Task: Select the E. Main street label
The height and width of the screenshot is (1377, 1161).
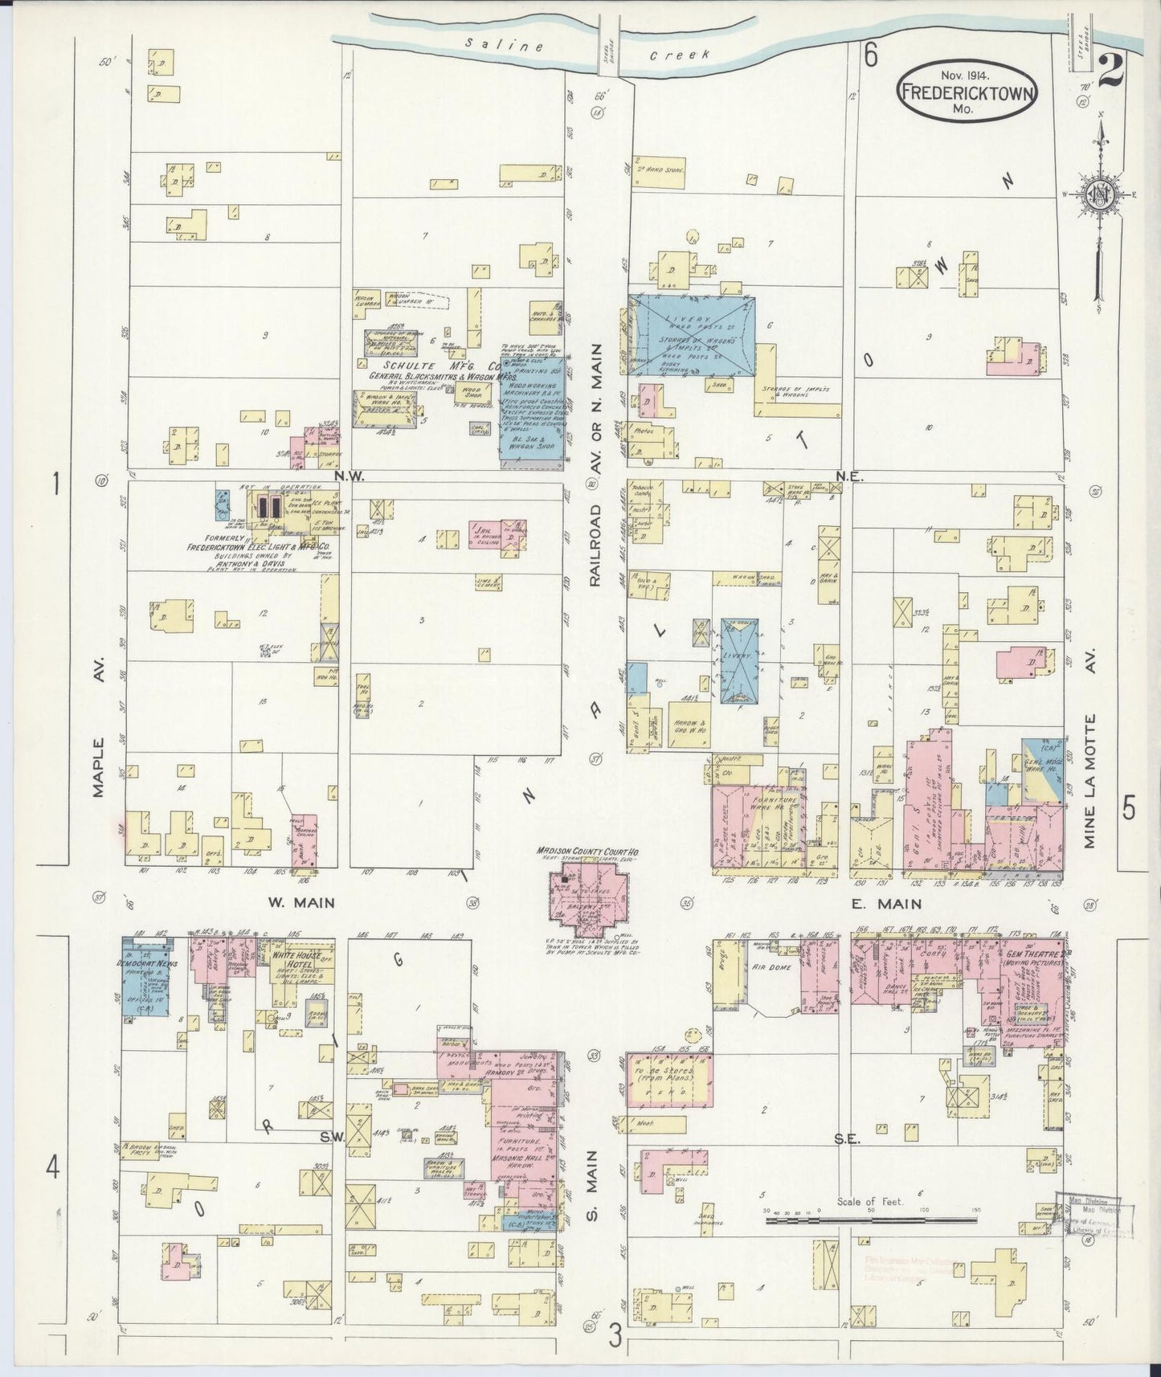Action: (x=886, y=904)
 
